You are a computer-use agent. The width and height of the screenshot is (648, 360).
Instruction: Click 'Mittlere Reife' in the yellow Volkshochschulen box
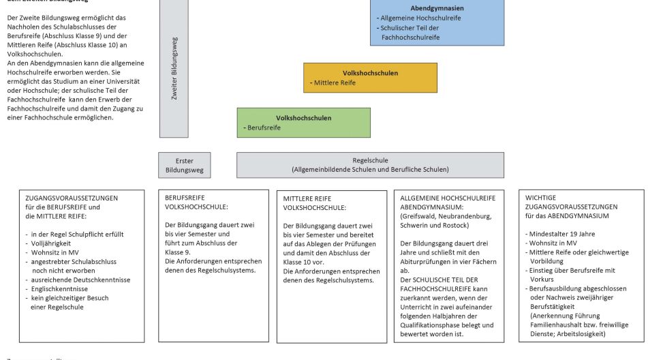335,83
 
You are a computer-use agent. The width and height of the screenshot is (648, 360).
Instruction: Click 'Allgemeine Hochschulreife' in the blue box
420,18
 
